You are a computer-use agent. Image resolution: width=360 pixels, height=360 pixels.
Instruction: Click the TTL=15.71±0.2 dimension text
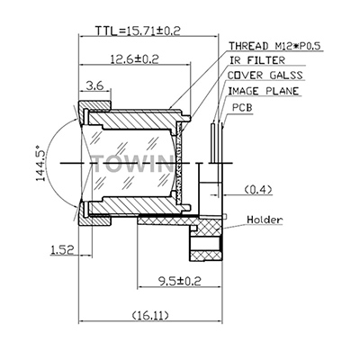[x=138, y=31]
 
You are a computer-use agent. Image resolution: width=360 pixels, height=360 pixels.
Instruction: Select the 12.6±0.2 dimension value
[x=134, y=58]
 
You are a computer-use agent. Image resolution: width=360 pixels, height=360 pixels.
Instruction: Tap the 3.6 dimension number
[x=94, y=85]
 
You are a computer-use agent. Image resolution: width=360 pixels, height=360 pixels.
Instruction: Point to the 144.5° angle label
[x=40, y=163]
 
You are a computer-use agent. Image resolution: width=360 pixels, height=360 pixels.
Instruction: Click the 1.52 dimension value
[x=62, y=249]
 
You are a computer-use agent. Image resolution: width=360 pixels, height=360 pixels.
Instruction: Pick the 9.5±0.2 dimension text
[x=179, y=281]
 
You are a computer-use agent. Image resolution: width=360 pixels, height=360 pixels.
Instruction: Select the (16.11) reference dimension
[x=150, y=315]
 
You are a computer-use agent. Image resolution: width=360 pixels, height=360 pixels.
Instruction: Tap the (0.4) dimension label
[x=258, y=190]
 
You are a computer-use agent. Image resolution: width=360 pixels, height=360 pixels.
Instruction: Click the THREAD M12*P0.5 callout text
[x=274, y=46]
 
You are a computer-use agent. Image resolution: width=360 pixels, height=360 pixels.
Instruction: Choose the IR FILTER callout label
[x=256, y=60]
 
